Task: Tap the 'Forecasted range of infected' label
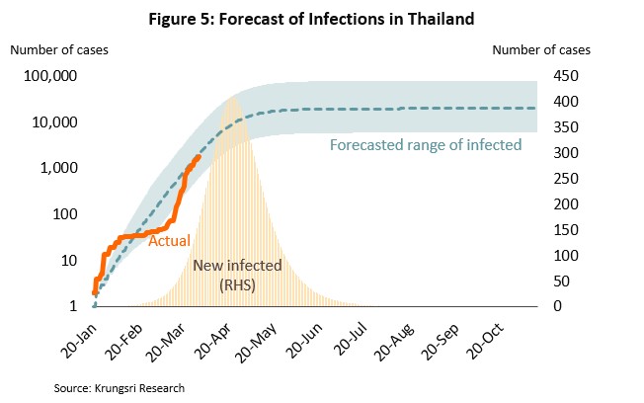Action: (425, 145)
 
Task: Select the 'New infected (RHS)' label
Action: (238, 275)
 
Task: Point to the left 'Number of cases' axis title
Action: (59, 47)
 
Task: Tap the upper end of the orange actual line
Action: (199, 156)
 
